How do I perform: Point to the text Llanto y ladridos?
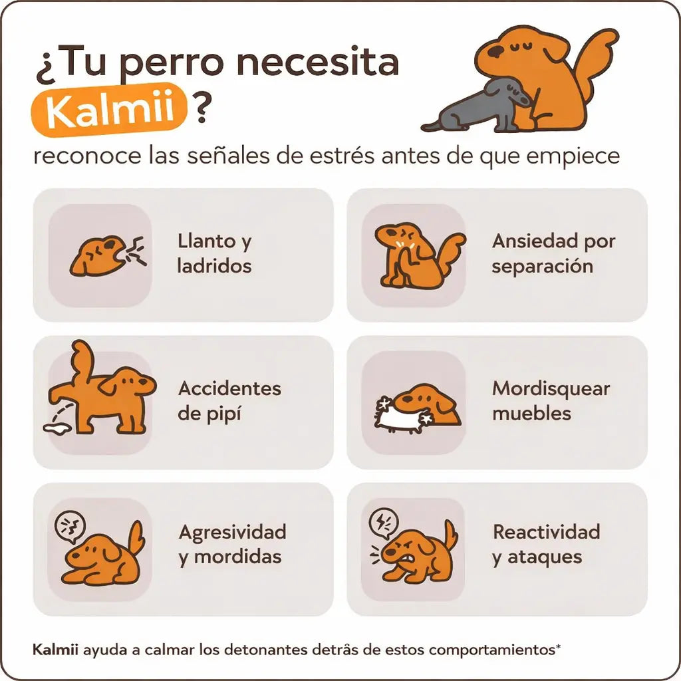coord(214,254)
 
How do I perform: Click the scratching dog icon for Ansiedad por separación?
coord(416,255)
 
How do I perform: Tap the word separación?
coord(542,267)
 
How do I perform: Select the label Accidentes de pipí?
coord(229,401)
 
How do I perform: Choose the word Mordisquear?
coord(551,389)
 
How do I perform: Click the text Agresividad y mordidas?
coord(232,544)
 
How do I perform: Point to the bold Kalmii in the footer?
coord(56,648)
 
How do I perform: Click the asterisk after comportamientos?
coord(558,646)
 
